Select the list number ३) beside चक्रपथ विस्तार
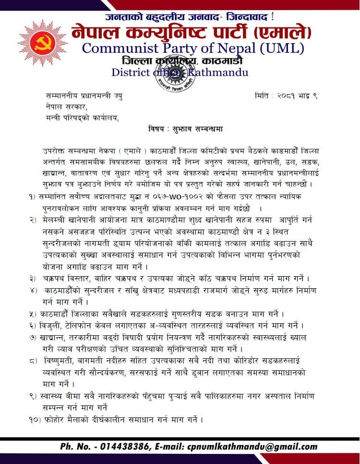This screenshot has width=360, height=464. (33, 279)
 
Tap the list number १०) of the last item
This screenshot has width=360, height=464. (35, 419)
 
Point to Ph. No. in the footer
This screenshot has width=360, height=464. (77, 447)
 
